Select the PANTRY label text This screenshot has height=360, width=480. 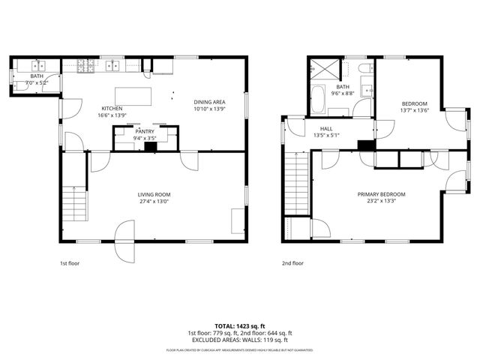click(145, 131)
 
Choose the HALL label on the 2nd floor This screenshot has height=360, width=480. click(326, 129)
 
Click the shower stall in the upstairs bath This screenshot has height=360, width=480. click(324, 70)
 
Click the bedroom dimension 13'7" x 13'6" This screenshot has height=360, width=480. click(414, 110)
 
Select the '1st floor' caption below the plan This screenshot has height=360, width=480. click(70, 263)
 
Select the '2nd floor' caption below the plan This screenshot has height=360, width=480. click(292, 263)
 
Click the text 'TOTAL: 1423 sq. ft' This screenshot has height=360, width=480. click(240, 326)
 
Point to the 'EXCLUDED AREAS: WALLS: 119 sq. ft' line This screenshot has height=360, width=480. click(240, 339)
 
